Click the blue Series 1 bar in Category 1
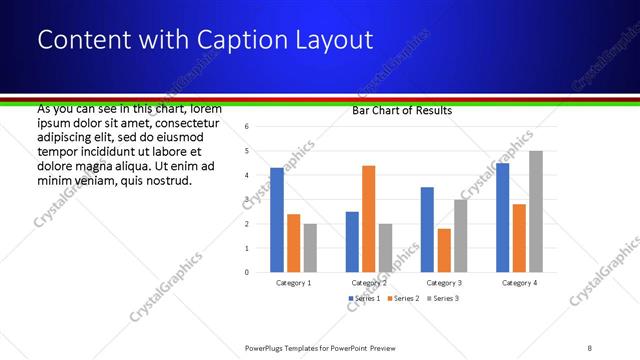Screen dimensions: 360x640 [x=277, y=220]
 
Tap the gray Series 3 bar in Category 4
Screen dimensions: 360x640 [x=536, y=211]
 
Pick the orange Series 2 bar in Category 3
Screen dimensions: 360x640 [x=444, y=250]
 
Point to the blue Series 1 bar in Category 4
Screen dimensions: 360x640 [x=503, y=217]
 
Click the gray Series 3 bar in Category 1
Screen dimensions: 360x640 [x=310, y=247]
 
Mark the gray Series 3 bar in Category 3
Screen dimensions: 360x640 [x=460, y=235]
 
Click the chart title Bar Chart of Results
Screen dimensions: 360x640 [x=402, y=110]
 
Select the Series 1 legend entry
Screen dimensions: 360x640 [x=364, y=299]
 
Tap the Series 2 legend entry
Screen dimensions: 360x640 [x=402, y=299]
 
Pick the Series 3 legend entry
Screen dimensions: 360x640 [x=441, y=299]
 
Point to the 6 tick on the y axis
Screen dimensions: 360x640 [x=246, y=127]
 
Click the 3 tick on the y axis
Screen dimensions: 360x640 [x=246, y=199]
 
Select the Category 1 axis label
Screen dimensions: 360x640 [x=294, y=283]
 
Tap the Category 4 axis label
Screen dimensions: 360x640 [x=519, y=283]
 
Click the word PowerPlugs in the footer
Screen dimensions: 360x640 [x=266, y=347]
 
